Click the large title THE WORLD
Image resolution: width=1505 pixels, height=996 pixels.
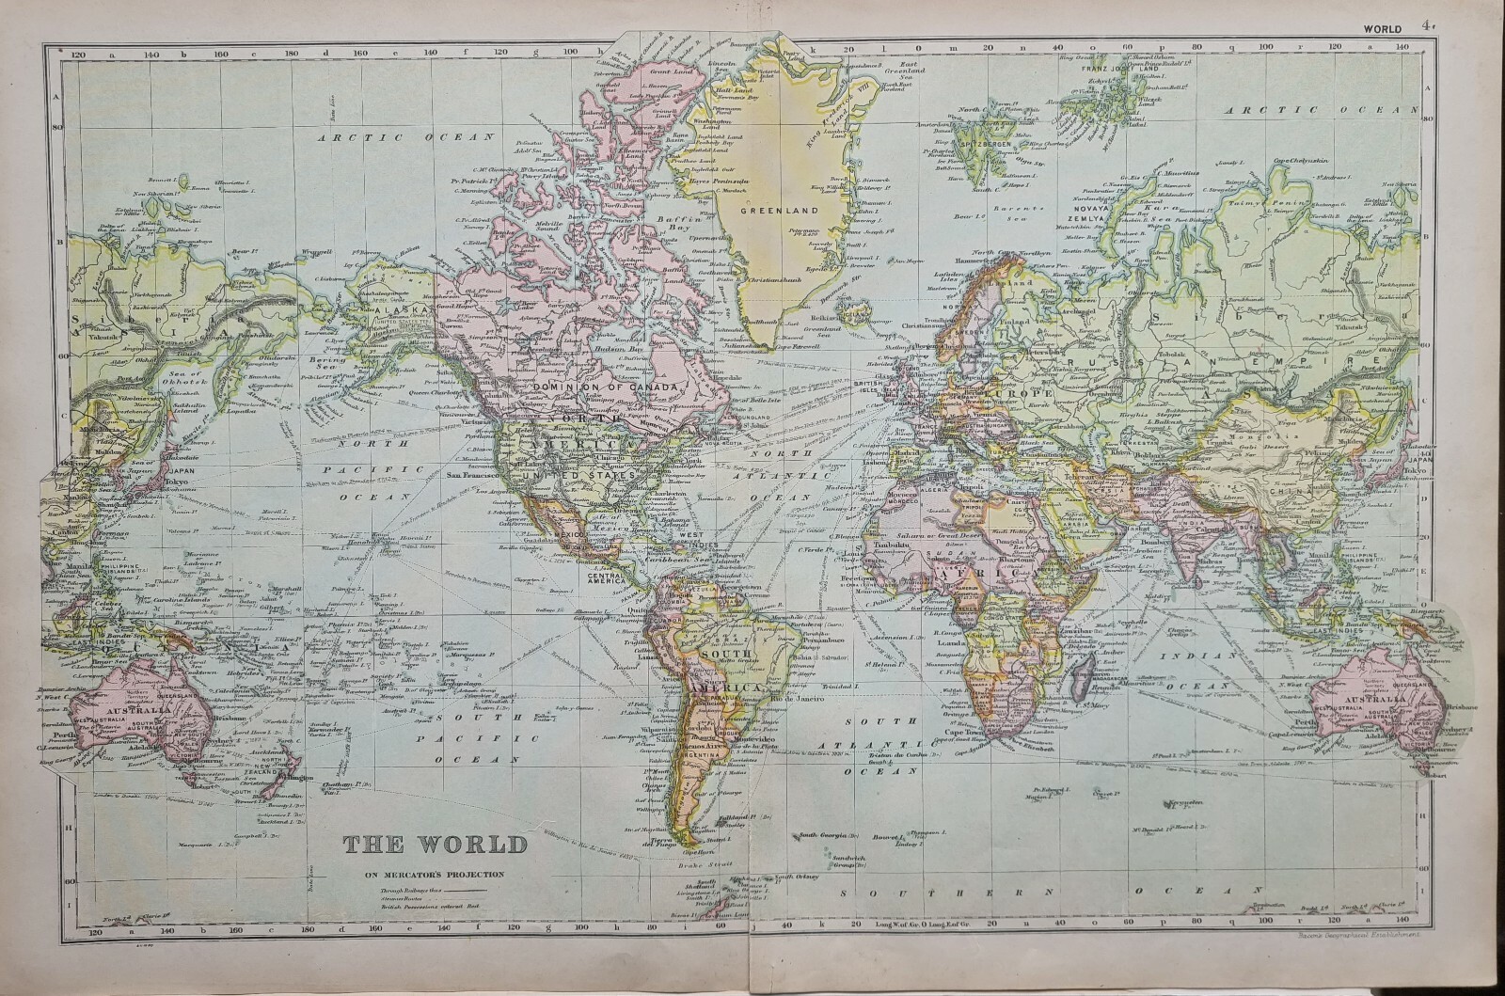pyautogui.click(x=435, y=844)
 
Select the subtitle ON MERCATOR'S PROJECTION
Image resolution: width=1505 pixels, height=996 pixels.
pyautogui.click(x=436, y=874)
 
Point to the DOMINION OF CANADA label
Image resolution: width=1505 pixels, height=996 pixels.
pyautogui.click(x=603, y=387)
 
